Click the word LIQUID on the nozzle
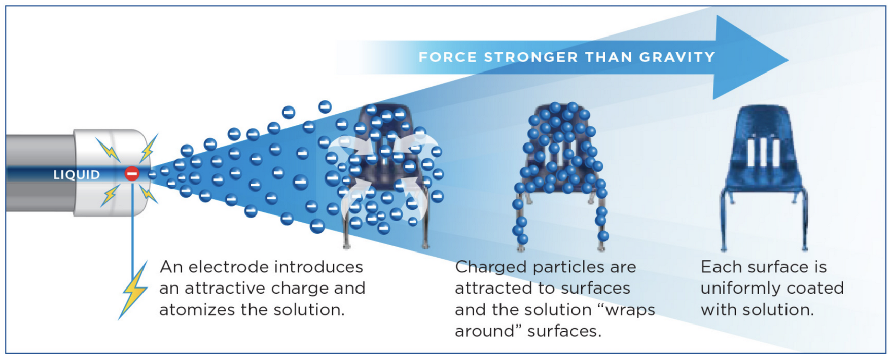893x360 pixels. (x=77, y=175)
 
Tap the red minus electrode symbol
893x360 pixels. (x=132, y=174)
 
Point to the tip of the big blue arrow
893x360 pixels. (x=789, y=59)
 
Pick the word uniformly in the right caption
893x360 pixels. (x=736, y=289)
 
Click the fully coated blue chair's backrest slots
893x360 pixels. (x=764, y=151)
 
